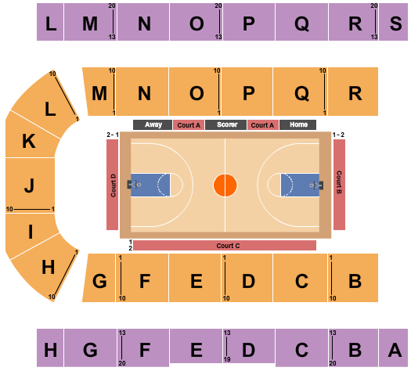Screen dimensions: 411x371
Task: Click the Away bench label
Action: pyautogui.click(x=153, y=124)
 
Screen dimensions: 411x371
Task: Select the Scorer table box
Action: pyautogui.click(x=225, y=124)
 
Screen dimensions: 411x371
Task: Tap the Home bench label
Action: pyautogui.click(x=297, y=124)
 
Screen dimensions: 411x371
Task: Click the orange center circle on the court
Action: pyautogui.click(x=225, y=185)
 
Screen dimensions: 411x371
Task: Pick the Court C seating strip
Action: pyautogui.click(x=225, y=246)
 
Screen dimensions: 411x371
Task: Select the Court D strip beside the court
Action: pyautogui.click(x=113, y=185)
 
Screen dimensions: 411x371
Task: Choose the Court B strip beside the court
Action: pyautogui.click(x=339, y=185)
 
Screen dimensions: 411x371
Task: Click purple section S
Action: pyautogui.click(x=393, y=22)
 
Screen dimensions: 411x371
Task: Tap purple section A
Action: pyautogui.click(x=393, y=348)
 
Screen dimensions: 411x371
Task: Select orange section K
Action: pyautogui.click(x=31, y=139)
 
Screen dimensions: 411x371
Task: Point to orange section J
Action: pyautogui.click(x=30, y=185)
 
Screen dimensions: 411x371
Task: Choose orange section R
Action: pyautogui.click(x=353, y=92)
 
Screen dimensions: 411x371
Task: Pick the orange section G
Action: pyautogui.click(x=99, y=278)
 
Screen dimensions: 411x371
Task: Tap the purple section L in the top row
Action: pyautogui.click(x=50, y=22)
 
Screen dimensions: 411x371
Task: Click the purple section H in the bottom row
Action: pyautogui.click(x=50, y=348)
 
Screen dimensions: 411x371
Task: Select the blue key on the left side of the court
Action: pyautogui.click(x=150, y=185)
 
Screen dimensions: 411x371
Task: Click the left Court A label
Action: pyautogui.click(x=189, y=125)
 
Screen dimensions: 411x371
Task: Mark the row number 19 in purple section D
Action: pyautogui.click(x=227, y=359)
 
